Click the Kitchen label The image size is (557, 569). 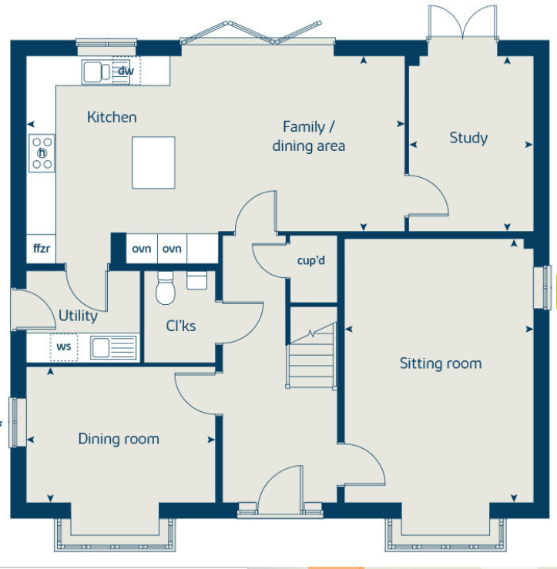(x=112, y=117)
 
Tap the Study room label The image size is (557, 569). (x=468, y=138)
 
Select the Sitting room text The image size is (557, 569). (x=441, y=363)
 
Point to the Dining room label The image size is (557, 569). (x=119, y=439)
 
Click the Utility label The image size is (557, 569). (x=78, y=316)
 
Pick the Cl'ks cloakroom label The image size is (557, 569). (x=181, y=326)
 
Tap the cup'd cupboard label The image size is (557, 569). (x=311, y=260)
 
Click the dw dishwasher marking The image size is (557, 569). (x=126, y=71)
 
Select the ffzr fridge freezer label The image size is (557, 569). (x=42, y=249)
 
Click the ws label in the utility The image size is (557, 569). (x=64, y=346)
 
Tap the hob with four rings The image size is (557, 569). (x=42, y=153)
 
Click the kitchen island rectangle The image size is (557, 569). (x=153, y=162)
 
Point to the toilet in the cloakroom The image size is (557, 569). (x=166, y=288)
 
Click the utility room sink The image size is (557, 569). (x=113, y=347)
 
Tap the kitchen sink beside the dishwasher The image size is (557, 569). (x=97, y=72)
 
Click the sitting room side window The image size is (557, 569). (x=542, y=287)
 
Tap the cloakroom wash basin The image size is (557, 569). (x=196, y=280)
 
